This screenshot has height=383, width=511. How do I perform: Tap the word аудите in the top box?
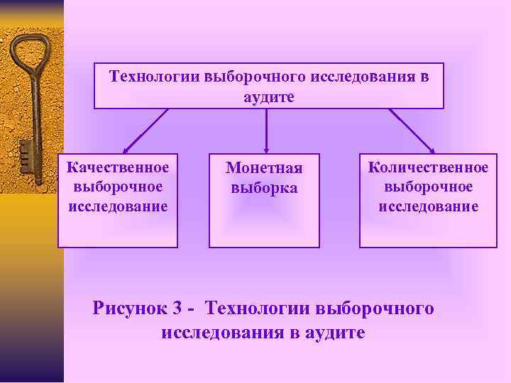[x=268, y=96]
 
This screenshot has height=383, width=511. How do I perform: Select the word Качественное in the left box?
[x=118, y=167]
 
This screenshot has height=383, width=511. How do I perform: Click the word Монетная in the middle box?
[x=264, y=169]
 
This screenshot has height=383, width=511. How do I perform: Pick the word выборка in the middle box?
[x=264, y=188]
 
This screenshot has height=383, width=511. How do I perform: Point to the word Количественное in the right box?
[x=428, y=167]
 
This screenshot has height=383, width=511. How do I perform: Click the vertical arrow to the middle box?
[x=266, y=131]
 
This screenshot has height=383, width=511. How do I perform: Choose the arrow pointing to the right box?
[x=412, y=131]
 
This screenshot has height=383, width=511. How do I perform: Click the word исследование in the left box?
[x=118, y=206]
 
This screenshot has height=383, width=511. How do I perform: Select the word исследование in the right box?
[x=428, y=206]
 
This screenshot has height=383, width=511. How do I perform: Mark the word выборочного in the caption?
[x=373, y=309]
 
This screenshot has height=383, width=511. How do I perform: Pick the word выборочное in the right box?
[x=428, y=187]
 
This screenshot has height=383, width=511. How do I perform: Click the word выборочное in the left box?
[x=118, y=187]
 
